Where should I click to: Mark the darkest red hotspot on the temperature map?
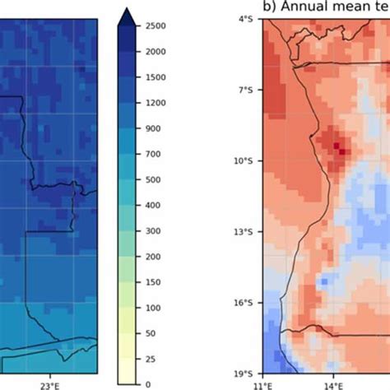click(x=337, y=146)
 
